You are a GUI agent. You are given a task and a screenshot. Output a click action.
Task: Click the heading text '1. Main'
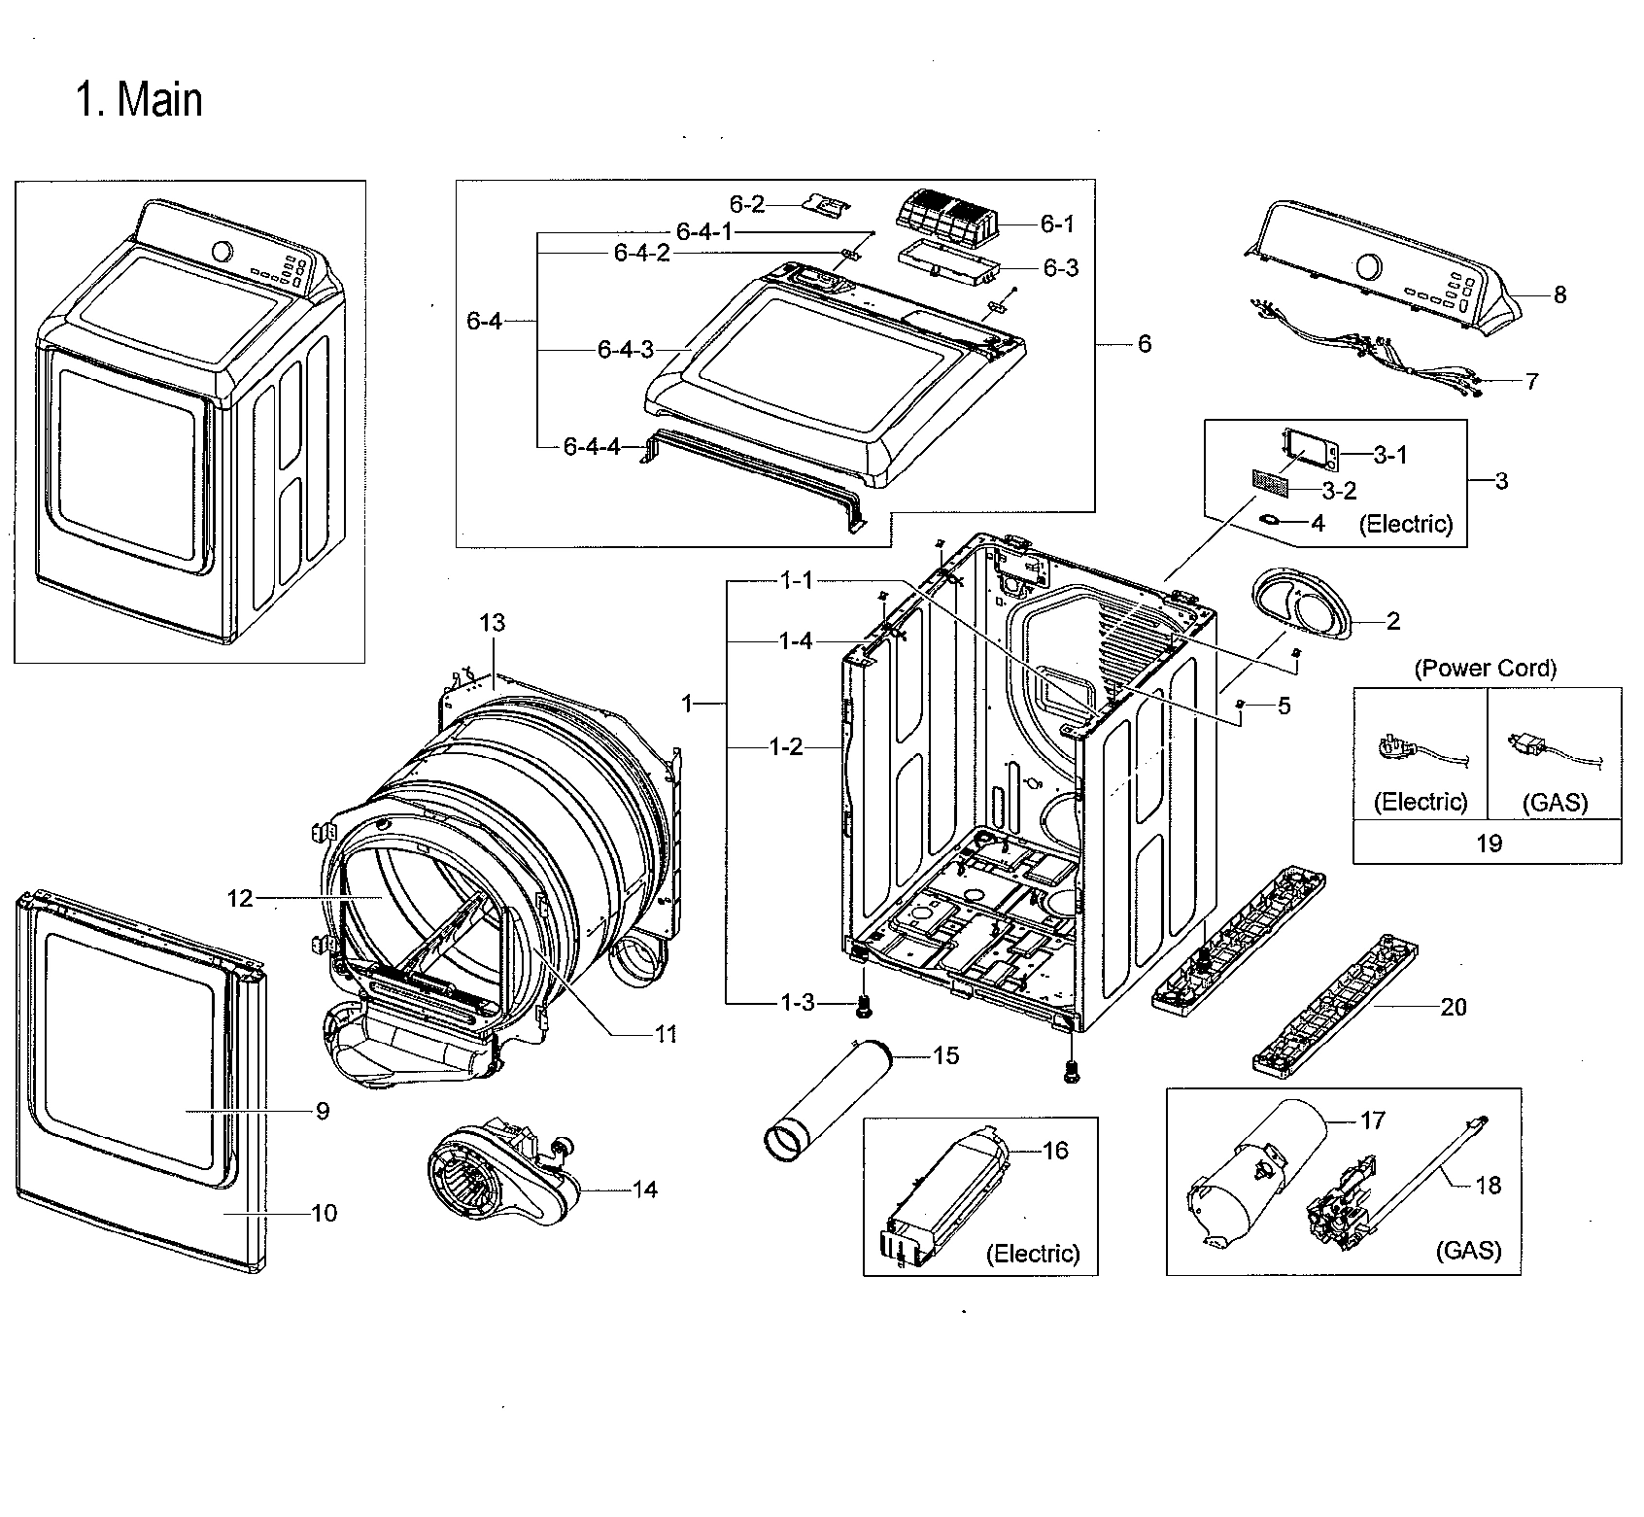click(x=139, y=100)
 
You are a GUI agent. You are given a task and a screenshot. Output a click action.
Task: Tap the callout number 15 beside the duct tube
click(x=945, y=1054)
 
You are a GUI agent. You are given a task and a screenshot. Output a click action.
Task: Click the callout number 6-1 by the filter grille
click(x=1057, y=224)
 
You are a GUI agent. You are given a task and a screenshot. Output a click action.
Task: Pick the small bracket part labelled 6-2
click(x=825, y=205)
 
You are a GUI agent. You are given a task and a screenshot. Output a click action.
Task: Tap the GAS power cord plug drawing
click(x=1530, y=746)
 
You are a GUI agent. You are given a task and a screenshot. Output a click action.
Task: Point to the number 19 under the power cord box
click(x=1489, y=843)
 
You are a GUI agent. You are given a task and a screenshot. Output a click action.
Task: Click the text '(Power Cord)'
click(x=1485, y=668)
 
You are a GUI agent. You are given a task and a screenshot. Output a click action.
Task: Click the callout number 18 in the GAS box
click(x=1488, y=1185)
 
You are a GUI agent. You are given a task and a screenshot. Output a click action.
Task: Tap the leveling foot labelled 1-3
click(x=861, y=1011)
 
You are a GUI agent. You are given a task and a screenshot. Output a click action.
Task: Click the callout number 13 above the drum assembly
click(x=493, y=622)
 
